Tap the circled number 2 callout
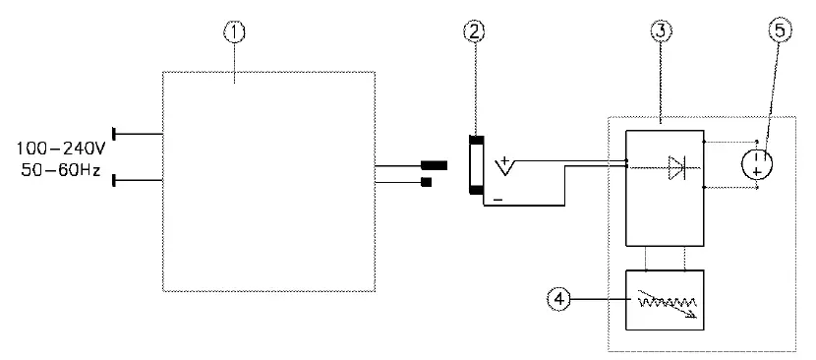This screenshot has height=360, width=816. tap(475, 31)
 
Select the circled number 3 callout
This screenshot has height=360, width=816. tap(661, 31)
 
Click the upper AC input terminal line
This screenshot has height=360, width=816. tap(138, 132)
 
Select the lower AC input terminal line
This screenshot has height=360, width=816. tap(138, 181)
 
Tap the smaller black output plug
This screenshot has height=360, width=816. tap(426, 181)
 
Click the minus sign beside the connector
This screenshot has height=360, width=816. tap(498, 200)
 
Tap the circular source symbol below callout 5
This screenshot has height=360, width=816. tap(757, 162)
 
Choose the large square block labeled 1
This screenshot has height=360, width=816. tap(268, 180)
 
